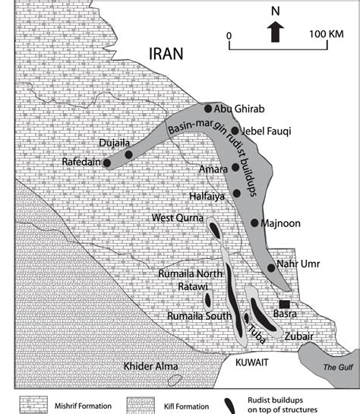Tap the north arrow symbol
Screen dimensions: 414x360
276,30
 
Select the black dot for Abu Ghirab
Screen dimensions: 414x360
208,109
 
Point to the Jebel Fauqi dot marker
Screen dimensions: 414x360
235,131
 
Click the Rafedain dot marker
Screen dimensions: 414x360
107,163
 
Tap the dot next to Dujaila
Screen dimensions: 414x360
128,155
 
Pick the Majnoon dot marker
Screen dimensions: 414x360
254,223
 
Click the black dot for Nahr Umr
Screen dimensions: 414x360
271,268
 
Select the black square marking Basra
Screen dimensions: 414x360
283,305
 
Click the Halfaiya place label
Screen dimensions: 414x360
210,195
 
